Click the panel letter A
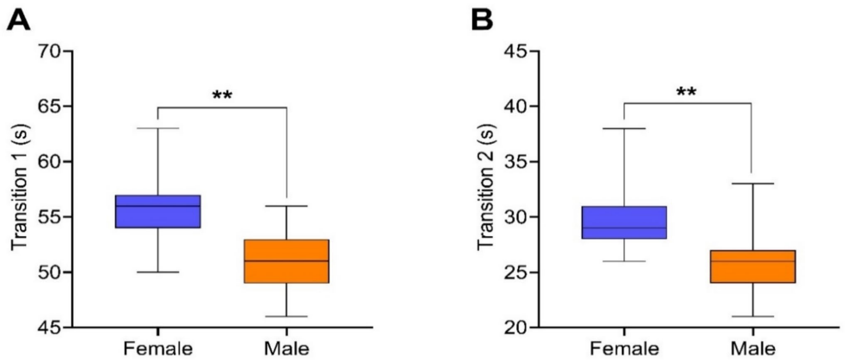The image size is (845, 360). (x=19, y=17)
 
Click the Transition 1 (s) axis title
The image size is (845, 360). (x=19, y=189)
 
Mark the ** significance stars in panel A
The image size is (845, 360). (x=222, y=94)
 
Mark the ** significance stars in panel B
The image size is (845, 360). (x=688, y=92)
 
